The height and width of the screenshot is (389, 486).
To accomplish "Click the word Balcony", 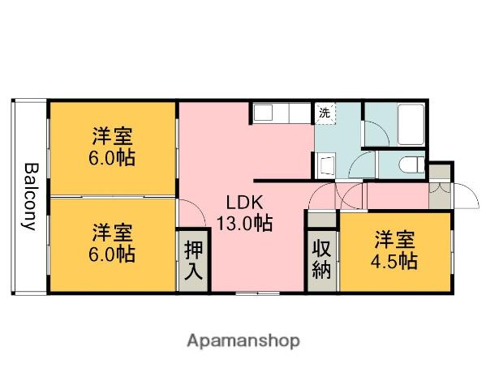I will tap(29, 197).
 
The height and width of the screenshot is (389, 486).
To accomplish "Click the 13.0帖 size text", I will tap(243, 224).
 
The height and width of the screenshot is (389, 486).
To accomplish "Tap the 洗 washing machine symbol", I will tap(325, 113).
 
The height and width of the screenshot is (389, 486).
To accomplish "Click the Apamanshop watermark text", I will tap(243, 340).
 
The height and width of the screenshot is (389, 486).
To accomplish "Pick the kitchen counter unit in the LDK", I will tap(281, 112).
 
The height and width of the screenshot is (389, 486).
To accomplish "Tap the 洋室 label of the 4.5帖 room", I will tap(395, 240).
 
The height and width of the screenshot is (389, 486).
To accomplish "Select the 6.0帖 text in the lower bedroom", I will tap(113, 254).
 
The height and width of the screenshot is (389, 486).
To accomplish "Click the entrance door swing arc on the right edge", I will tap(464, 197).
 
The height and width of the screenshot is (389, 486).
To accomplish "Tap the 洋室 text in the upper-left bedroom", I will tap(113, 135).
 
